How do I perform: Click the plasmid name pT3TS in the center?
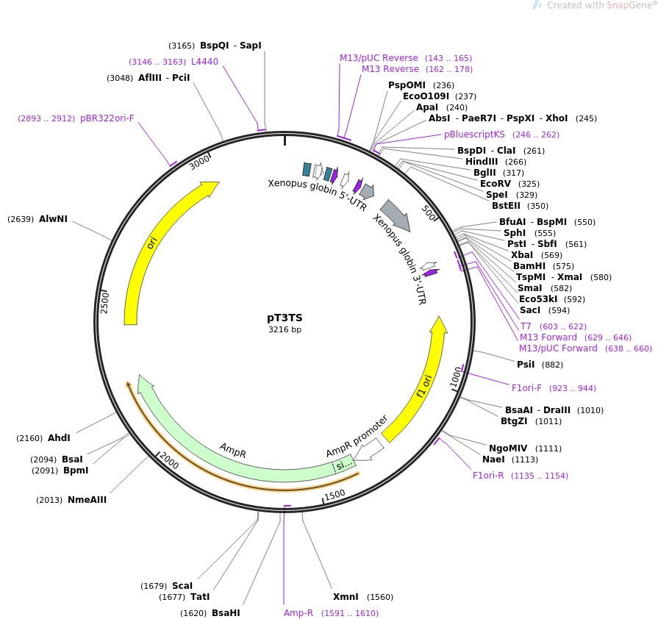tap(285, 318)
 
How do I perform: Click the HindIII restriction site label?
tap(482, 162)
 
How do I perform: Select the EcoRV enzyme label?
tap(496, 184)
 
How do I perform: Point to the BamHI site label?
tap(528, 266)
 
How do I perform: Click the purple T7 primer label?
tap(526, 326)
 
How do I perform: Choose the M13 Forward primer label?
tap(548, 337)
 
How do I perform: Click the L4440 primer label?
tap(204, 62)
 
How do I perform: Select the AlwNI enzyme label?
tap(53, 218)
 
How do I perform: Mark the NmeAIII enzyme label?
tap(87, 500)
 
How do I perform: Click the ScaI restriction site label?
tap(182, 586)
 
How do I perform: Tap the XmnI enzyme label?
tap(346, 597)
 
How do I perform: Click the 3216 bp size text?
tap(285, 330)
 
